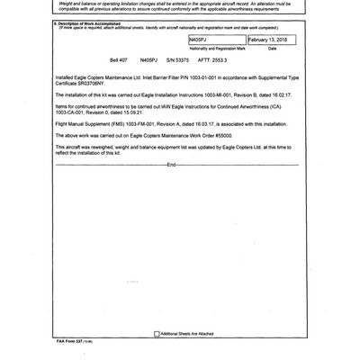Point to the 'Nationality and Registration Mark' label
point(216,49)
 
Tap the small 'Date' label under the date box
point(273,49)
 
